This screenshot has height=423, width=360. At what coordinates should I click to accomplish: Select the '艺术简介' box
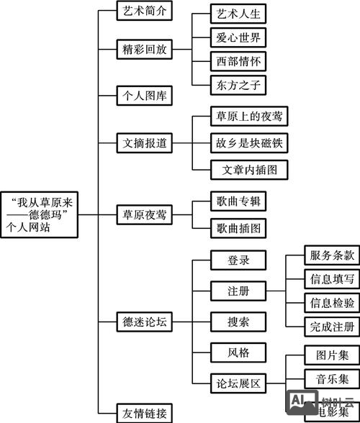coord(145,11)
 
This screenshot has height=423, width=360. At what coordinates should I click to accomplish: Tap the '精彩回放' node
coord(145,49)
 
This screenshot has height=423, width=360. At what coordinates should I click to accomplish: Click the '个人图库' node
coord(145,95)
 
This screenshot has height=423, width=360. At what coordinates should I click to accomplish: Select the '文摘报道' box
coord(145,143)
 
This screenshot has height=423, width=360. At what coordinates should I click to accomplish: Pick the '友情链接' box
coord(145,413)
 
